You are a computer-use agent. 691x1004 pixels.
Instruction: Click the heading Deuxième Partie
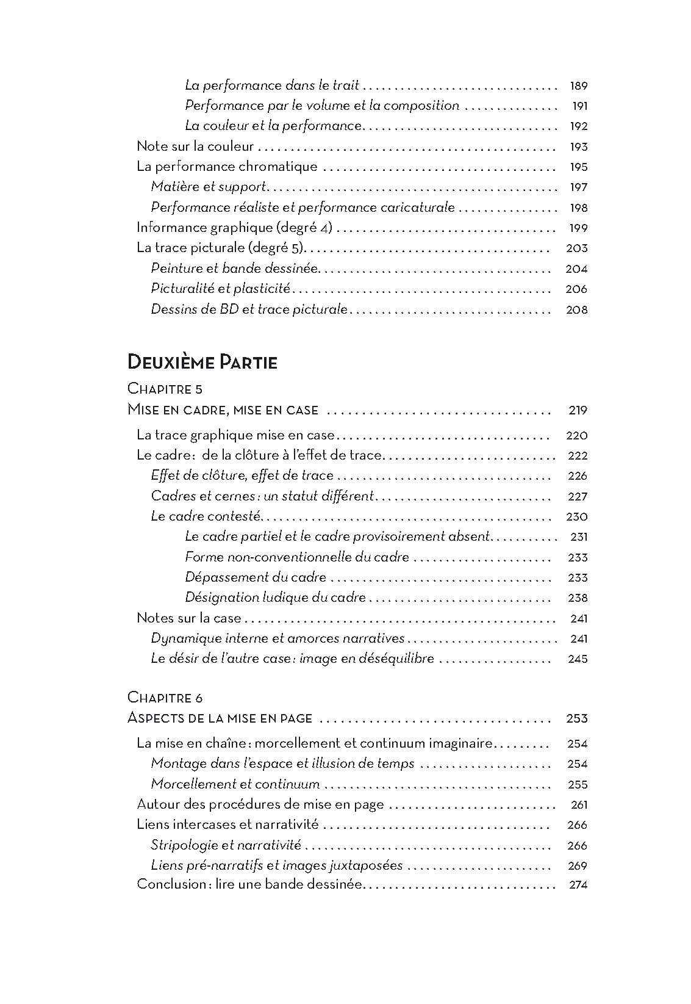point(202,363)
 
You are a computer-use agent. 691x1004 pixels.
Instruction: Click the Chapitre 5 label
point(165,389)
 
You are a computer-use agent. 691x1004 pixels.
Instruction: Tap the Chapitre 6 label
point(165,697)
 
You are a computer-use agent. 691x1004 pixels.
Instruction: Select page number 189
point(578,86)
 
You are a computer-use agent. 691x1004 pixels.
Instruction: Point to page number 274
point(578,885)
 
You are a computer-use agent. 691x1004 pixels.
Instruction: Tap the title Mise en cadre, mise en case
point(223,410)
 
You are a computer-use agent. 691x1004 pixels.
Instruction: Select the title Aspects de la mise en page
point(220,718)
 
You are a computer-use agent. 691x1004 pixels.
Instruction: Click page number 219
point(578,410)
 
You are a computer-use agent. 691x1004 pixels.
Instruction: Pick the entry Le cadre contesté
point(206,516)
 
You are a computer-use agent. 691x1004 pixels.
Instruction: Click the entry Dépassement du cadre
point(256,577)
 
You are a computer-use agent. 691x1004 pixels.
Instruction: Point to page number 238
point(578,598)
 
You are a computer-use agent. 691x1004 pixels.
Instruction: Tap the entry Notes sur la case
point(189,618)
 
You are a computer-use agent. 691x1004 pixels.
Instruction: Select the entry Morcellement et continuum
point(235,784)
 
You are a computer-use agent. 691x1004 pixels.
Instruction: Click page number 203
point(577,248)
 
